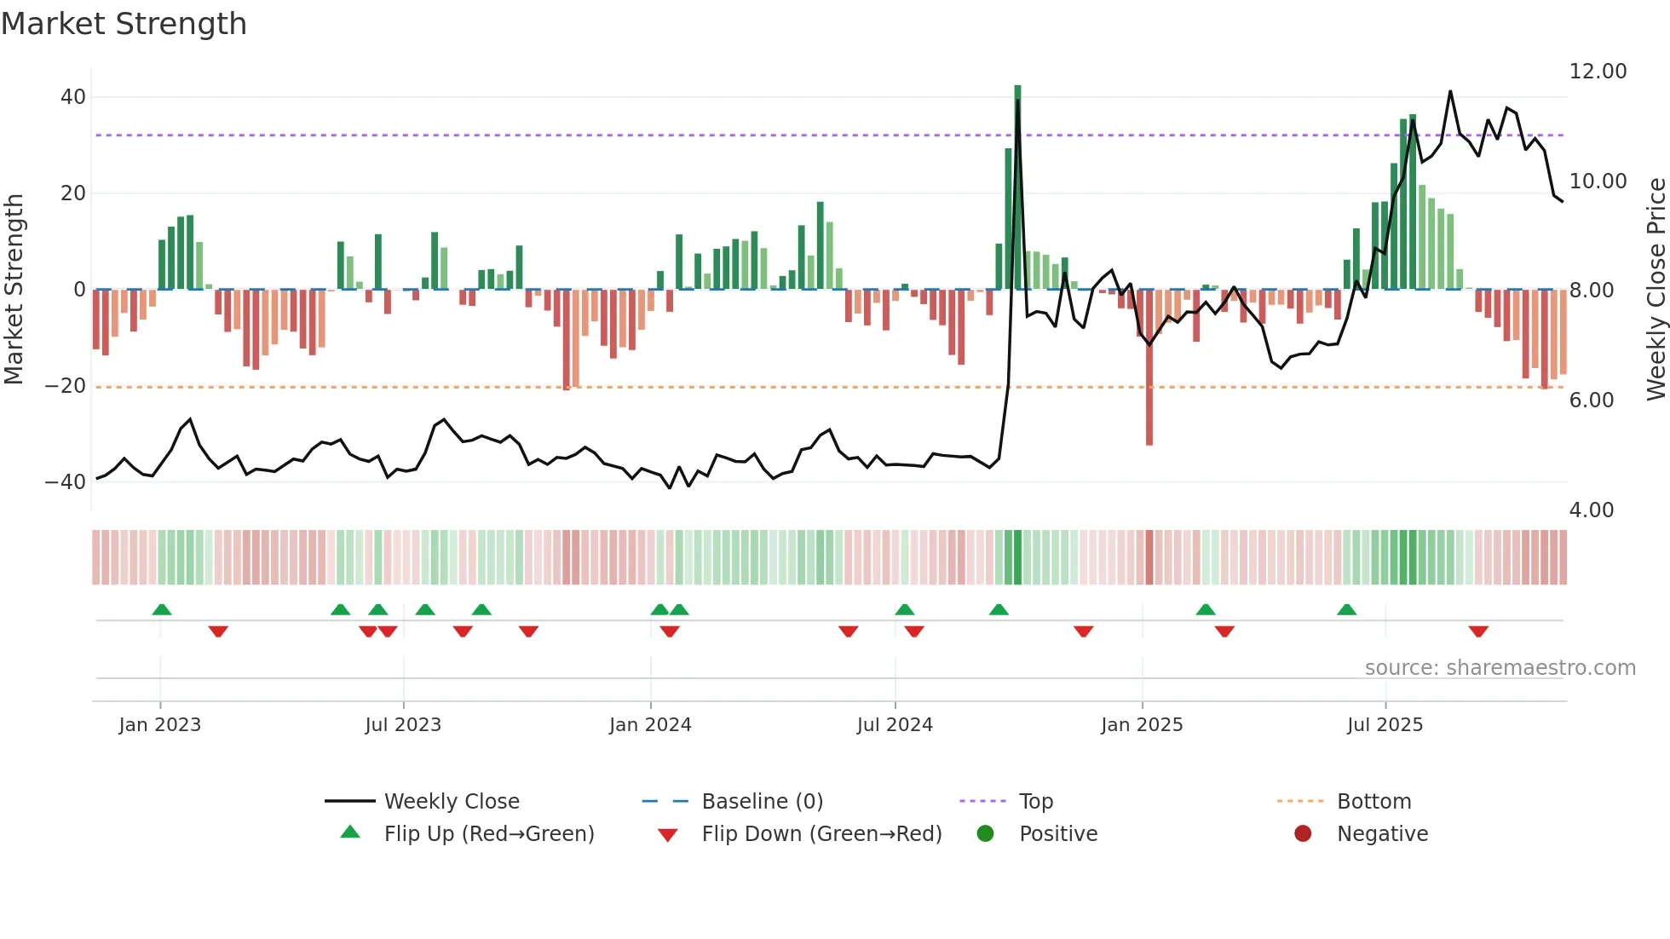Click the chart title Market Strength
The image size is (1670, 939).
click(x=124, y=24)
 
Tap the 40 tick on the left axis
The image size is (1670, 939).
click(x=73, y=97)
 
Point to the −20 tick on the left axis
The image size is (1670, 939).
click(x=66, y=386)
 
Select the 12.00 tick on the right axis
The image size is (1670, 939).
click(x=1598, y=72)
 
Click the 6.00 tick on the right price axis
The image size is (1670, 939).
click(x=1591, y=400)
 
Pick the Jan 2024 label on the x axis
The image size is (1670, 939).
click(x=650, y=725)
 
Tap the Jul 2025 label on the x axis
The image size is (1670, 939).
click(x=1385, y=725)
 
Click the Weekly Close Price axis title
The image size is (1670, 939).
click(x=1656, y=290)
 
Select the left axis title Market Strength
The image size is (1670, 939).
click(x=14, y=290)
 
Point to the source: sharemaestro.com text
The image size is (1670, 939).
click(x=1500, y=668)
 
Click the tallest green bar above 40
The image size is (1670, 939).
click(x=1017, y=187)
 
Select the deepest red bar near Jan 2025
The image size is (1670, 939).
click(x=1149, y=366)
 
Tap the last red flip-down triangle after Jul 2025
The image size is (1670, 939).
click(x=1478, y=631)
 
